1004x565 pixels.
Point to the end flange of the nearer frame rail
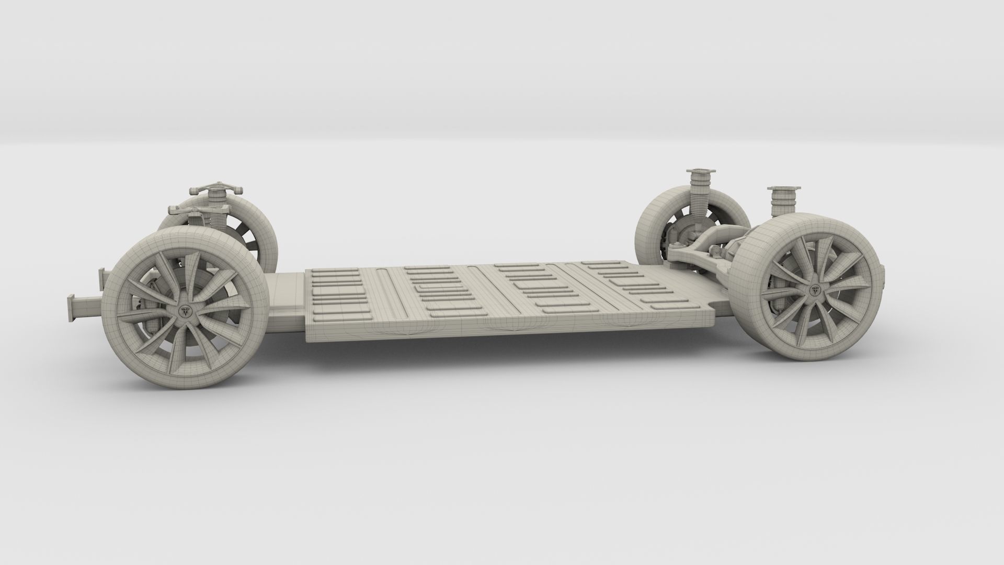(71, 309)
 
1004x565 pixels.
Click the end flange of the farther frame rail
(102, 280)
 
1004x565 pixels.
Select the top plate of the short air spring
(781, 189)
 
